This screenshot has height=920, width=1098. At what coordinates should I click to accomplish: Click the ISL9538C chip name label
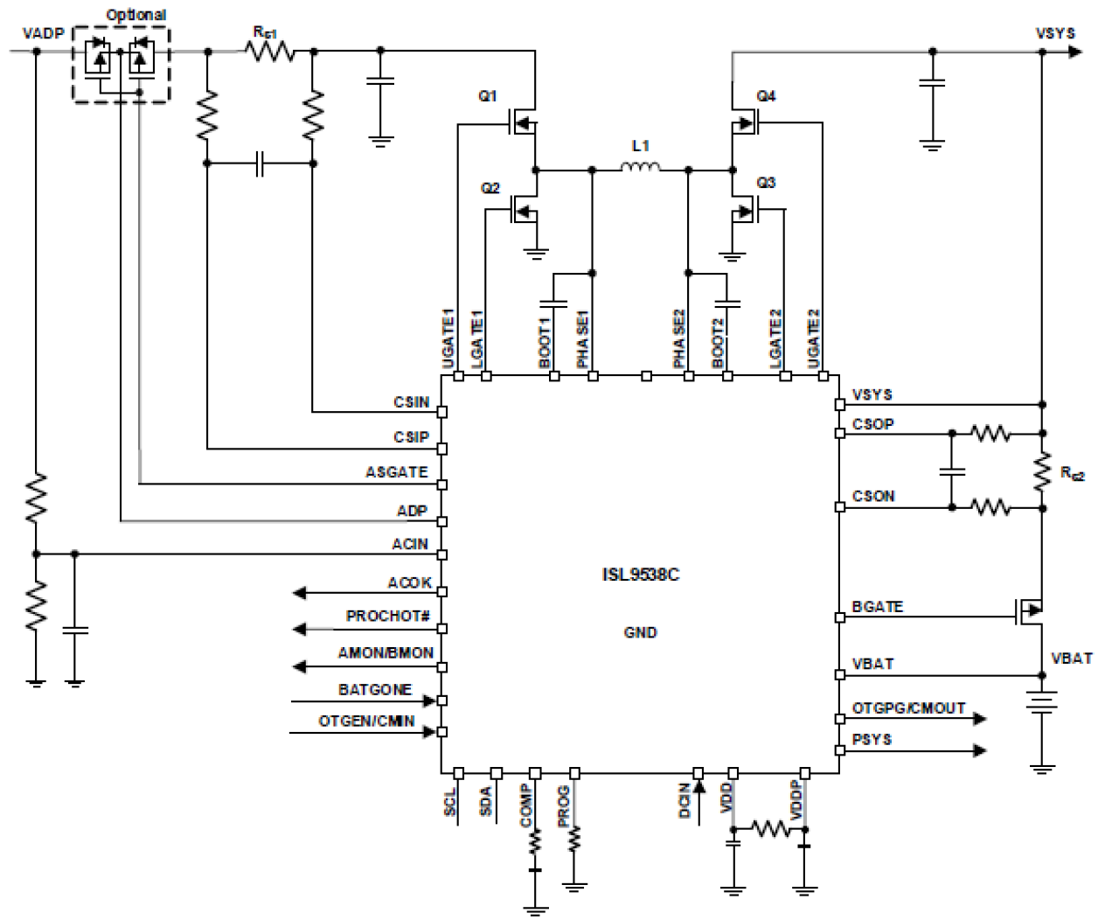pyautogui.click(x=640, y=575)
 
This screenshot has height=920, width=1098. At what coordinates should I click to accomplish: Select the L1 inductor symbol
pyautogui.click(x=641, y=167)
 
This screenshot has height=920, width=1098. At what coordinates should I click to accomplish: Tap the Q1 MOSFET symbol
pyautogui.click(x=522, y=123)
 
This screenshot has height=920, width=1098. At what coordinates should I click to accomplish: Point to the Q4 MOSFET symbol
pyautogui.click(x=745, y=123)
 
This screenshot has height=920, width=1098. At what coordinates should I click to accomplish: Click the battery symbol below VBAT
pyautogui.click(x=1042, y=703)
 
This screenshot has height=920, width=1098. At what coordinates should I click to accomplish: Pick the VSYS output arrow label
pyautogui.click(x=1054, y=33)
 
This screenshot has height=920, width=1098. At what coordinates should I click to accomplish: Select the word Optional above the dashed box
pyautogui.click(x=136, y=15)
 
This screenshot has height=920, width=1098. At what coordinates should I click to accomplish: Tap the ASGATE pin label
pyautogui.click(x=396, y=472)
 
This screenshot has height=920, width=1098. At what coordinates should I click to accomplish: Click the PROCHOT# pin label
pyautogui.click(x=387, y=617)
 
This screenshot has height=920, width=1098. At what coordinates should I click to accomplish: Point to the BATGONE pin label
pyautogui.click(x=374, y=690)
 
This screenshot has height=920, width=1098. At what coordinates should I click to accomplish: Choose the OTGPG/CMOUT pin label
pyautogui.click(x=908, y=708)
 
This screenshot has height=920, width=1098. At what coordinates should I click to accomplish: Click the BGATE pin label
pyautogui.click(x=877, y=607)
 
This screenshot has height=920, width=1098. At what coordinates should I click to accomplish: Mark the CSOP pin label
pyautogui.click(x=872, y=424)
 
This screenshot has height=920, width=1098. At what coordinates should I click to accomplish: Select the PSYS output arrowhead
pyautogui.click(x=980, y=750)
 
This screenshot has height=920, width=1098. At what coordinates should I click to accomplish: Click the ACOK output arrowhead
pyautogui.click(x=300, y=593)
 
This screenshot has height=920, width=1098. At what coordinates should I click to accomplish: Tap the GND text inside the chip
pyautogui.click(x=640, y=632)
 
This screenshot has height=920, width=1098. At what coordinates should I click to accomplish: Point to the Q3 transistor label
pyautogui.click(x=766, y=183)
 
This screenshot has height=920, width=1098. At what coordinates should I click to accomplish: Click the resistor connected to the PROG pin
pyautogui.click(x=574, y=840)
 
